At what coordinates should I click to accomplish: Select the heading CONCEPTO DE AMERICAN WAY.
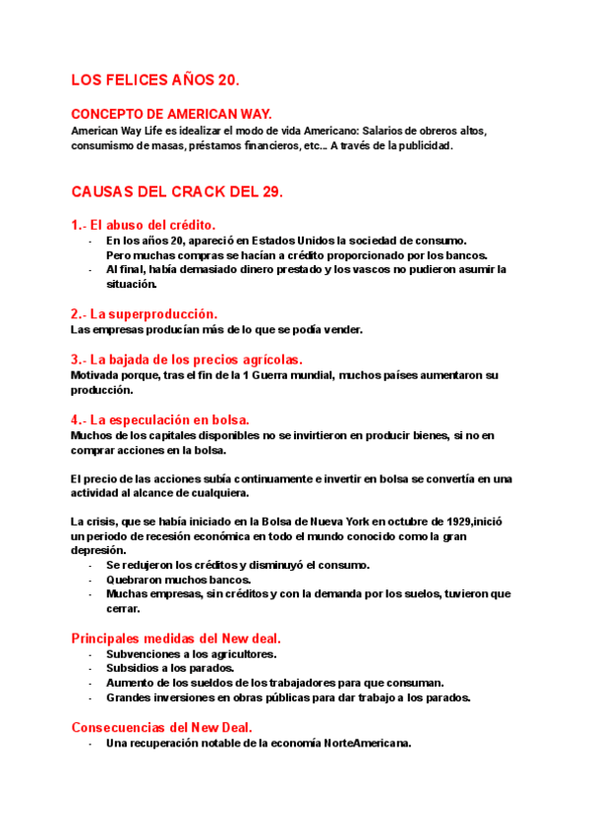[x=171, y=114]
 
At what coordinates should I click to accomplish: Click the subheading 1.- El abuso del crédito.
[x=144, y=224]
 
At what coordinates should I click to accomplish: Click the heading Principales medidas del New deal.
[x=177, y=638]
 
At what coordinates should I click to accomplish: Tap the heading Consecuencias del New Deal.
[x=162, y=727]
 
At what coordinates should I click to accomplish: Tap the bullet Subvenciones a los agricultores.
[x=191, y=653]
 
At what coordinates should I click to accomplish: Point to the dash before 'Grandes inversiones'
[x=90, y=698]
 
